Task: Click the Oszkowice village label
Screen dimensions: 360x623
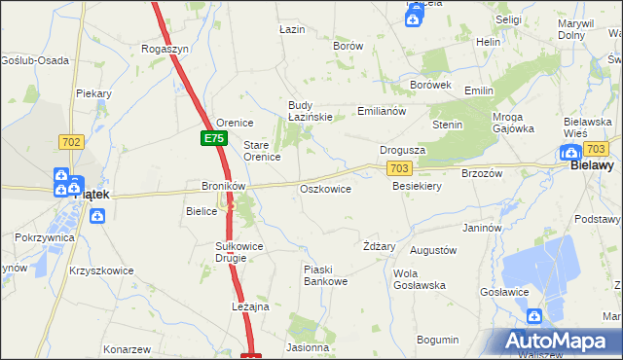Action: [x=325, y=189]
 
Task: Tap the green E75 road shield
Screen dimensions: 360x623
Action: [x=214, y=139]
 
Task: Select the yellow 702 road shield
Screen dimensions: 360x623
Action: [x=70, y=142]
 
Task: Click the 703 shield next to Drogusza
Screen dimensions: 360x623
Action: [x=397, y=168]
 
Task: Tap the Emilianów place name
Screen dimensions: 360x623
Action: [x=381, y=111]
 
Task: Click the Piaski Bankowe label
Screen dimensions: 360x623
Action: [x=325, y=275]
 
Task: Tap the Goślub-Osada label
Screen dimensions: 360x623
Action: [x=35, y=60]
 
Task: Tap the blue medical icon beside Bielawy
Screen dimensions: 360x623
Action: [x=570, y=152]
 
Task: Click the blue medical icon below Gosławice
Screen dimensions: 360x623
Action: [x=534, y=316]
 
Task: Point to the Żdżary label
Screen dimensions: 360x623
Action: [x=379, y=246]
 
